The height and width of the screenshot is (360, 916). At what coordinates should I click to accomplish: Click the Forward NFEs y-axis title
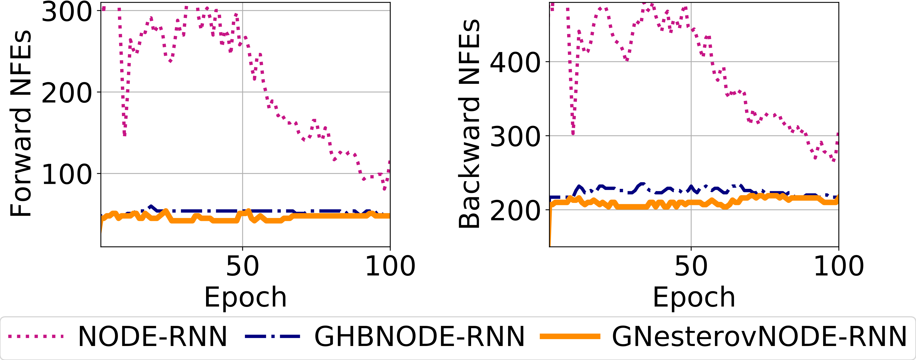[21, 124]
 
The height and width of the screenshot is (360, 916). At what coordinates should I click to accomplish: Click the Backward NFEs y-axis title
[470, 124]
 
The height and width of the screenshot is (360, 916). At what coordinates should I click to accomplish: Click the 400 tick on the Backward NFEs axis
[515, 63]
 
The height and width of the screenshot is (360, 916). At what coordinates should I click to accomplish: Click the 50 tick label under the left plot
[243, 266]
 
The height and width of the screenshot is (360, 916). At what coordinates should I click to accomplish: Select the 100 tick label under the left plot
[390, 266]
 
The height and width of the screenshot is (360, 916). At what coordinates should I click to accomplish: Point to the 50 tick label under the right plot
[691, 266]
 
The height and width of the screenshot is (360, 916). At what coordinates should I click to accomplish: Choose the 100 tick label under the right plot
[838, 266]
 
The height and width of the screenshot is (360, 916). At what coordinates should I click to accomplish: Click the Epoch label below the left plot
[245, 297]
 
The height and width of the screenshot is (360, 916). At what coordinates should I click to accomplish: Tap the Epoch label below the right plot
[694, 297]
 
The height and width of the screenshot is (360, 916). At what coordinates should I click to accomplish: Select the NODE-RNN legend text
[152, 336]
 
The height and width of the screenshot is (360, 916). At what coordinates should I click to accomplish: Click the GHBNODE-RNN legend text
[419, 336]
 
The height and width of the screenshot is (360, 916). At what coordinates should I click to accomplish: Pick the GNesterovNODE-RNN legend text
[759, 336]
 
